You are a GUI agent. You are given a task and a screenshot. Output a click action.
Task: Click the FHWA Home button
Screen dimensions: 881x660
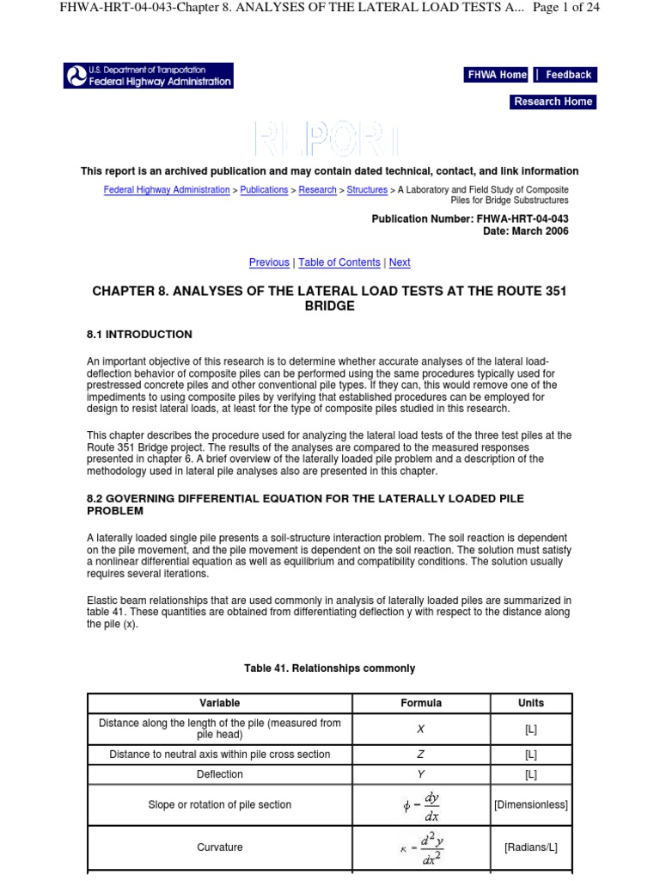[x=497, y=75]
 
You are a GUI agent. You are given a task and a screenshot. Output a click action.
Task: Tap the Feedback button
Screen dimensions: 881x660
[x=568, y=75]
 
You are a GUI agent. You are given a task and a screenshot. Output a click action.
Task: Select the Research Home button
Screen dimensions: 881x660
[x=553, y=102]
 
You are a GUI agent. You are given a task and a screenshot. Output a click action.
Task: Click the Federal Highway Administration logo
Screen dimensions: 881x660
[x=149, y=76]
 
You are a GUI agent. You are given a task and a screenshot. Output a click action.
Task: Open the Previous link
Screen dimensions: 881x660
[x=269, y=262]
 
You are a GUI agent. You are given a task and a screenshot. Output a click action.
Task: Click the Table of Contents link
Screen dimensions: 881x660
[x=339, y=262]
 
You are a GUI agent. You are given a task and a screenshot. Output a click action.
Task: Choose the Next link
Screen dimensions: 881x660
[x=400, y=262]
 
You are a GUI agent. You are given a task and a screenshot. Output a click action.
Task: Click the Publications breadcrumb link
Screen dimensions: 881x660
[x=264, y=190]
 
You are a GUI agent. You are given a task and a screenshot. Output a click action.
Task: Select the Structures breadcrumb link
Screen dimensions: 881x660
[x=367, y=190]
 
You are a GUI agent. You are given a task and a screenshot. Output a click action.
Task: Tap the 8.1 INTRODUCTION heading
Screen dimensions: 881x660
[x=139, y=335]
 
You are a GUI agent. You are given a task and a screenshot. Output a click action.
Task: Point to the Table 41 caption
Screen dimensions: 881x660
[x=329, y=668]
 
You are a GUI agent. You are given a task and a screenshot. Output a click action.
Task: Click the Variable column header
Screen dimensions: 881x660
[x=220, y=703]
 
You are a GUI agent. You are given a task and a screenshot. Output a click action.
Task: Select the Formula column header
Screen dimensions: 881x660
[x=421, y=703]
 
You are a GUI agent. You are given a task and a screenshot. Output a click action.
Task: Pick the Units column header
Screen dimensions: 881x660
[x=531, y=703]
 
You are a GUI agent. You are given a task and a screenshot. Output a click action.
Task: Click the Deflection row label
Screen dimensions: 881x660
[x=220, y=774]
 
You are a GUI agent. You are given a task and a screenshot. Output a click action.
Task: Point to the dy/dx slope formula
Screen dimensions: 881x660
[x=421, y=805]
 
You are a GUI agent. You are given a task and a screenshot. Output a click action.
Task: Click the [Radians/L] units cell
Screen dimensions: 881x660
[x=531, y=847]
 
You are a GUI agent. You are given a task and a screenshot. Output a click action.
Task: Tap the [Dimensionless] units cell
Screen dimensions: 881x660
[x=531, y=805]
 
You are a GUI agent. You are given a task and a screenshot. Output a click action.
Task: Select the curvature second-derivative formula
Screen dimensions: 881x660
[x=421, y=847]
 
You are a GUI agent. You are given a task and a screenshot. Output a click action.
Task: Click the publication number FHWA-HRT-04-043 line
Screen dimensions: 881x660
[x=469, y=219]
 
